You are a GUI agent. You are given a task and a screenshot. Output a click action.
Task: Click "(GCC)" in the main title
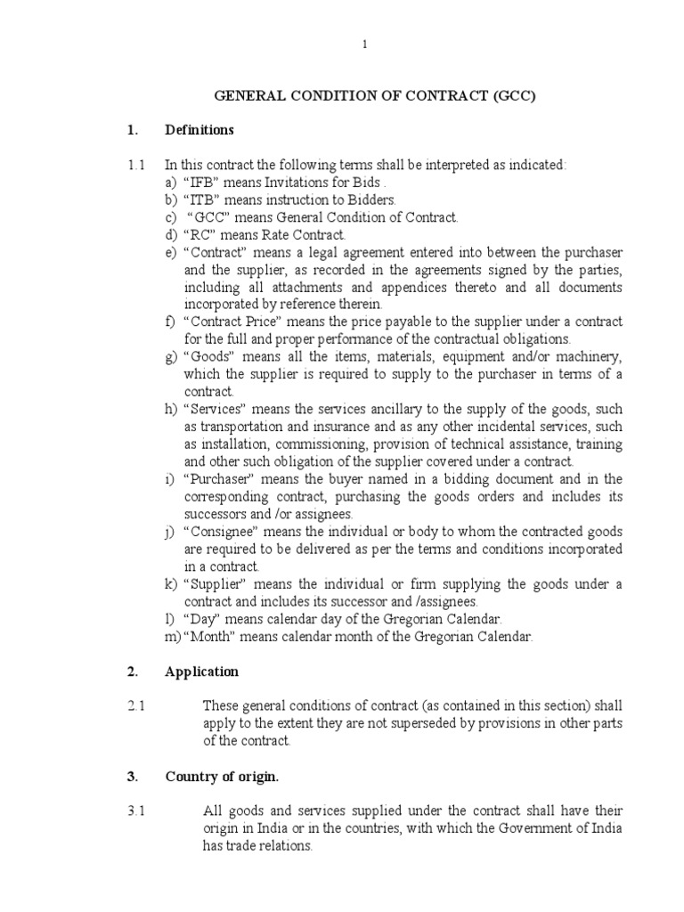click(509, 96)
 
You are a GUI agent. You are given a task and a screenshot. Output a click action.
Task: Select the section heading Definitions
click(199, 131)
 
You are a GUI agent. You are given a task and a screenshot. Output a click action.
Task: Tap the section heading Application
click(202, 672)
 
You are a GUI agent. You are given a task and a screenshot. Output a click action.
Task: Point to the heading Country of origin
click(222, 777)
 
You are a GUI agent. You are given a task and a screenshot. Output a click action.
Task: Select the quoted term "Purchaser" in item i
click(216, 479)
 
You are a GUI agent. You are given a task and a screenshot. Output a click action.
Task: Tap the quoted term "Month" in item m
click(207, 637)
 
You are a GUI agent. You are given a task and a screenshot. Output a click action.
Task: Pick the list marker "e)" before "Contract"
click(171, 253)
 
